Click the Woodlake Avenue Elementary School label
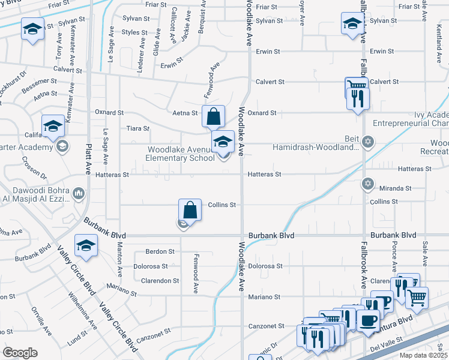pyautogui.click(x=179, y=154)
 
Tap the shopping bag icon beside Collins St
pyautogui.click(x=190, y=211)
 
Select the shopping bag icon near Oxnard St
pyautogui.click(x=213, y=116)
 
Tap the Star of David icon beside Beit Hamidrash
pyautogui.click(x=367, y=142)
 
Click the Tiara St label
pyautogui.click(x=137, y=128)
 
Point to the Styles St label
pyautogui.click(x=134, y=32)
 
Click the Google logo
pyautogui.click(x=20, y=353)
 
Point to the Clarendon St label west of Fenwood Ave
pyautogui.click(x=160, y=280)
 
